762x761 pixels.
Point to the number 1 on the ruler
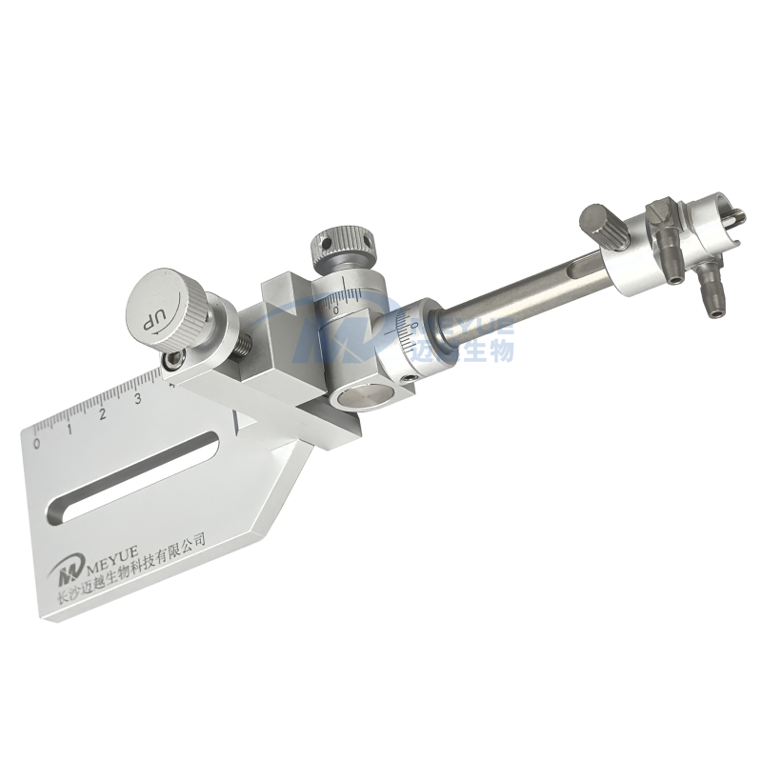[x=70, y=428]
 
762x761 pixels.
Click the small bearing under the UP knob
[x=174, y=360]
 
